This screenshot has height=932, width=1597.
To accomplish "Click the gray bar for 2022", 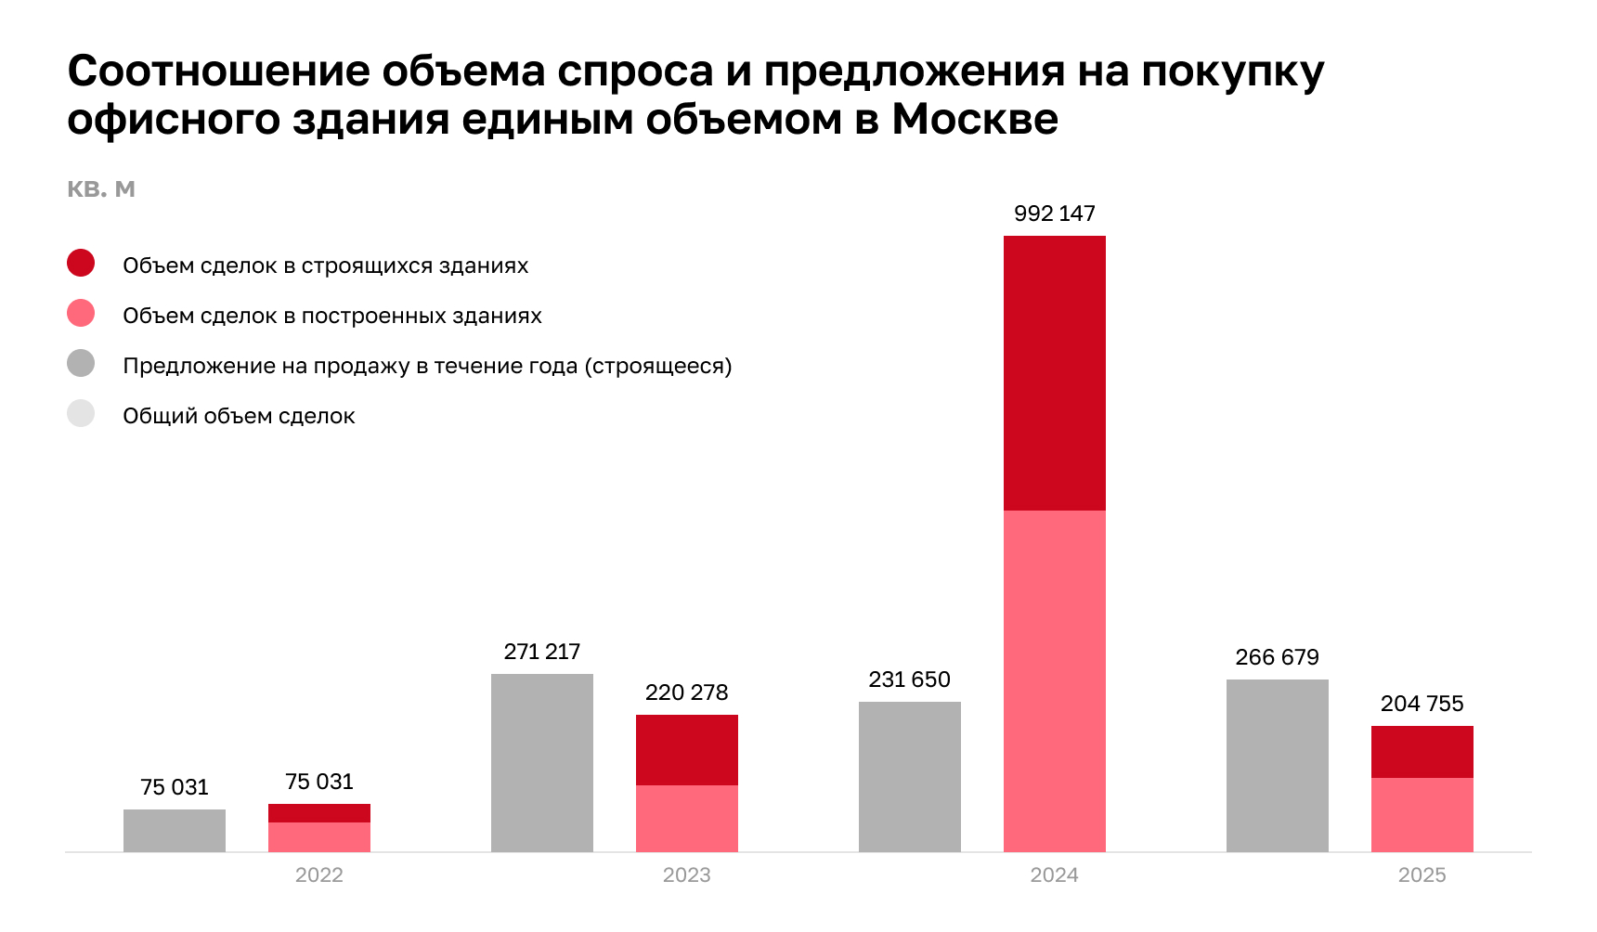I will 175,830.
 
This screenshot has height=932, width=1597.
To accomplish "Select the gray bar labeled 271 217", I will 542,762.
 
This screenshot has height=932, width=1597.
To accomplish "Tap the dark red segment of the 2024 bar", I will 1055,372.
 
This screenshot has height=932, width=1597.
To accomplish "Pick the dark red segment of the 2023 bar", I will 687,750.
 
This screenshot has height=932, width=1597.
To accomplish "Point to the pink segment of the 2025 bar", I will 1422,814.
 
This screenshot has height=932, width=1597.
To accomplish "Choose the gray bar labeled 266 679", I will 1278,765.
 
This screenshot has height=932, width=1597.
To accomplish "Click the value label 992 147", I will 1055,214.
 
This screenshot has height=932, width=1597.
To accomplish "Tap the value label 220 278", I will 687,693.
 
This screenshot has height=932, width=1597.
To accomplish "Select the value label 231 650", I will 910,680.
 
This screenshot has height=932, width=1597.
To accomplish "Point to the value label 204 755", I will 1422,704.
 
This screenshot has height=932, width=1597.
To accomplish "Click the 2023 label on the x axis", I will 687,874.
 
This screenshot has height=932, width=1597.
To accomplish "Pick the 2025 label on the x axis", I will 1422,874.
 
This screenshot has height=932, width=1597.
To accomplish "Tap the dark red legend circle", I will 81,264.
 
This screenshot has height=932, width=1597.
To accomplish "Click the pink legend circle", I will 81,314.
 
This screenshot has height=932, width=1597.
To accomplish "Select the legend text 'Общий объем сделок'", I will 239,416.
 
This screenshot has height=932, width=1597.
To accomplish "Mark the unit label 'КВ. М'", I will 101,189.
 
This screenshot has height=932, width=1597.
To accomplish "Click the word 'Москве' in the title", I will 975,119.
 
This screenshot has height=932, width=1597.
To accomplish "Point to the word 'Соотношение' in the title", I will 218,71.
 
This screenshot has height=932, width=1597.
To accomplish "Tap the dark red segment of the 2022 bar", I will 319,813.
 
